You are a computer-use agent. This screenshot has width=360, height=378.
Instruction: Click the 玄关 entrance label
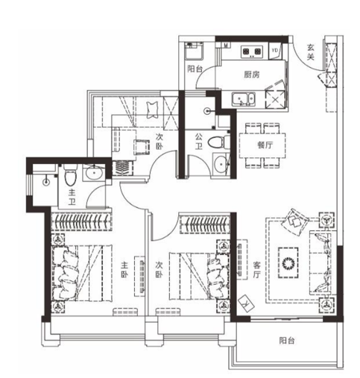coord(311,52)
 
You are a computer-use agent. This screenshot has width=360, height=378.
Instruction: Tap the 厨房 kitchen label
coord(251,75)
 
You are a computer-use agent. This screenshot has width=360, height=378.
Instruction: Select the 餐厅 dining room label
coord(265,145)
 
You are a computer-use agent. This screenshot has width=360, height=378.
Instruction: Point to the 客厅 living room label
coord(257,270)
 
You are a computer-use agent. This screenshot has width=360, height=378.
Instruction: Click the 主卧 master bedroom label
coord(124,271)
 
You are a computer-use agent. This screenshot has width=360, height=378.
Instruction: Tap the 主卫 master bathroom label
coord(72,198)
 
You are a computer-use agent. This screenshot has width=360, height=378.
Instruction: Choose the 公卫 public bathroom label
coord(198,142)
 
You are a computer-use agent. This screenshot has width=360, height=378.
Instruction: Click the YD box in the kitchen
coord(275,51)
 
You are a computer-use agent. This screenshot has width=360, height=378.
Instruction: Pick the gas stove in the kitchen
coord(252,51)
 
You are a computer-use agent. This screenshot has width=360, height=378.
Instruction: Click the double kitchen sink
coord(244,99)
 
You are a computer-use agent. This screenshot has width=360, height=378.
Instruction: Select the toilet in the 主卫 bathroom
coord(70,174)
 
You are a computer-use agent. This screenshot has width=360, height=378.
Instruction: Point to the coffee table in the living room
coord(288,262)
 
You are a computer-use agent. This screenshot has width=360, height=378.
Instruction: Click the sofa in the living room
coord(320,262)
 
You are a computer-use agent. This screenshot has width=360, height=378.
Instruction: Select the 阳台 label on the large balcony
coord(287,341)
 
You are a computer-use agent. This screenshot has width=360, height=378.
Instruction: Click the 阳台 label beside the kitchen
coord(195,69)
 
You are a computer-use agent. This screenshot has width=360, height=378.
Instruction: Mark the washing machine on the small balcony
coord(194,51)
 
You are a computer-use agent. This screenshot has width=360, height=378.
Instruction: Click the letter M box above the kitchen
coord(226,45)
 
